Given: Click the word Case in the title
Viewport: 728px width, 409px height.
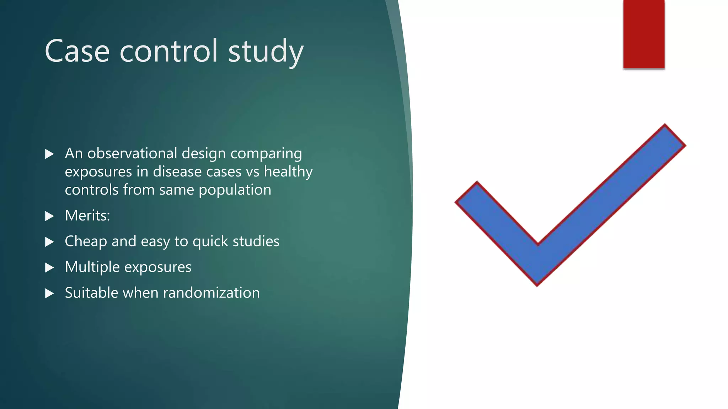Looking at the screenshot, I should tap(77, 51).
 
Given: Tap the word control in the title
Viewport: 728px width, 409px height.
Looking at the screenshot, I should tap(168, 51).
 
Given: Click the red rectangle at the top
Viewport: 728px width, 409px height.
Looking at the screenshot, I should tap(643, 34).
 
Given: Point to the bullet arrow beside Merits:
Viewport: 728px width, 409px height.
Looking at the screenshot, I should tap(49, 216).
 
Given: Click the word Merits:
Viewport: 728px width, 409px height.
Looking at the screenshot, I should tap(87, 216).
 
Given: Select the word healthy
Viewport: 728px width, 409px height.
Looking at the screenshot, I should tap(288, 172).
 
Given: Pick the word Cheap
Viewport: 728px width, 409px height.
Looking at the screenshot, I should tap(86, 241).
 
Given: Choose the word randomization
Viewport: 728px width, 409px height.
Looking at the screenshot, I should tap(212, 293).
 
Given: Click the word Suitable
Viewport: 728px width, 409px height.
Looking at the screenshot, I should tap(91, 293).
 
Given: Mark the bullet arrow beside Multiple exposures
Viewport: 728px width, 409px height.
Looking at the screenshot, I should tap(49, 268).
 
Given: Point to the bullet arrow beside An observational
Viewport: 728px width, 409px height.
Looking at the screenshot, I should tap(49, 154).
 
